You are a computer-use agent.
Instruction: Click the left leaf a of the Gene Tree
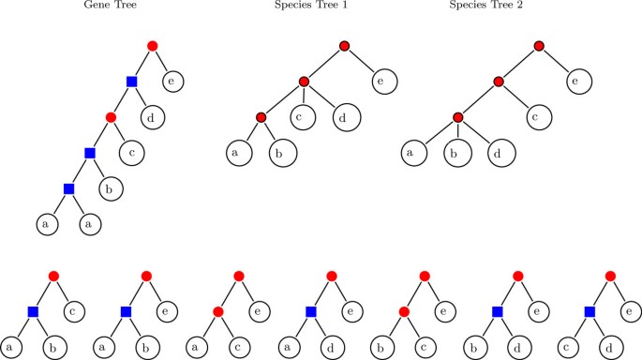tap(46, 225)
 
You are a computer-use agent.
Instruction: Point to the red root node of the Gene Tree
tap(153, 46)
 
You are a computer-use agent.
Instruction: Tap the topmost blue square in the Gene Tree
tap(132, 82)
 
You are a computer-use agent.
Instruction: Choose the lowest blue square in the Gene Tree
tap(67, 189)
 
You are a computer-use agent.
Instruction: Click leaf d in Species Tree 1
tap(344, 118)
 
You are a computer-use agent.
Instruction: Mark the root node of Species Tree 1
tap(344, 46)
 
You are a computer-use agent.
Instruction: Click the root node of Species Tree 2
tap(538, 46)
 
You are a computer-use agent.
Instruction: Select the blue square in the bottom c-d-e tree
tap(590, 310)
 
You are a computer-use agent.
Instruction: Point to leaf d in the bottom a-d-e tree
tap(334, 346)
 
